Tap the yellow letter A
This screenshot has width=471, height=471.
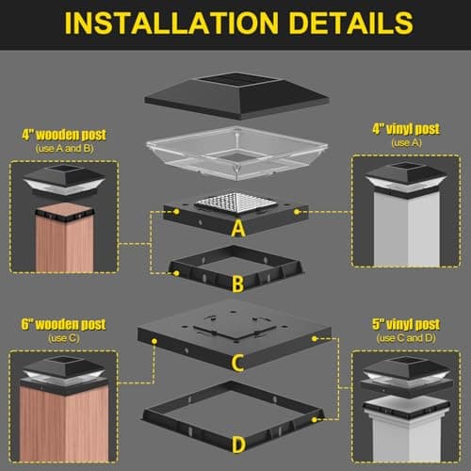coord(237,229)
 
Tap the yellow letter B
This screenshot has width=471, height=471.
coord(237,283)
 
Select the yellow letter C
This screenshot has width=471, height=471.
coord(237,360)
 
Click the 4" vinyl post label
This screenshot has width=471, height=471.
coord(405,128)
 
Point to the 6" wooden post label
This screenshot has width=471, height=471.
coord(64,325)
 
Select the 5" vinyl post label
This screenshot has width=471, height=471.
coord(405,325)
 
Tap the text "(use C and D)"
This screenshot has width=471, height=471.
coord(405,338)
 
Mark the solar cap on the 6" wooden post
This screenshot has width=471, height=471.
coord(64,370)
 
